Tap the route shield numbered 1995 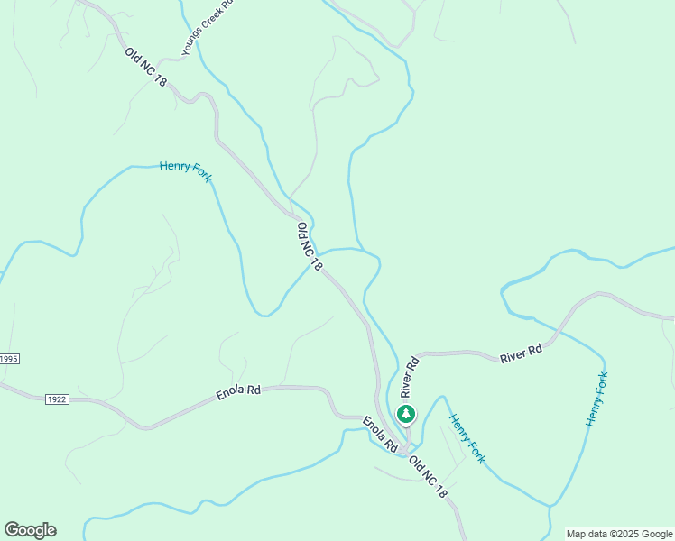pos(8,359)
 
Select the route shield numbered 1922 pos(55,398)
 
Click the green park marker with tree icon pos(406,414)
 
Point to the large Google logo pos(30,530)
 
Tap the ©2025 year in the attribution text pos(627,534)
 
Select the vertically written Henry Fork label pos(596,399)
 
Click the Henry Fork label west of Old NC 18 pos(185,170)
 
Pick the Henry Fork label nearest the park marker pos(467,439)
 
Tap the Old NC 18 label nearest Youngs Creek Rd pos(146,67)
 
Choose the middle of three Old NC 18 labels pos(309,247)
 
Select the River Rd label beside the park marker pos(411,378)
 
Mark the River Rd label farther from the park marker pos(522,353)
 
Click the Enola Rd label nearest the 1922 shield pos(238,392)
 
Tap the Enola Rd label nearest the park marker pos(380,434)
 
